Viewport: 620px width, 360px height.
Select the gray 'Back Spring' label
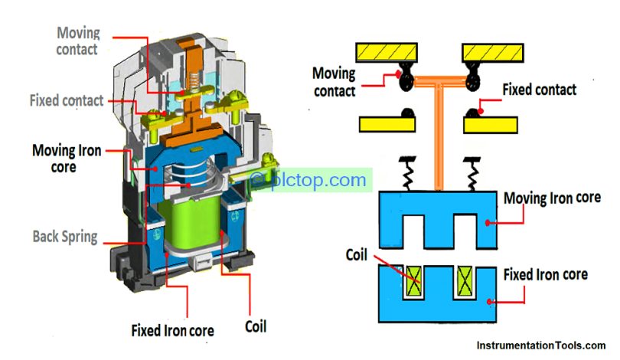point(64,236)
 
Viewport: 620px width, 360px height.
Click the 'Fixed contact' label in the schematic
point(539,90)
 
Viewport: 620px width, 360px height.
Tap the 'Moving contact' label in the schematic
point(334,82)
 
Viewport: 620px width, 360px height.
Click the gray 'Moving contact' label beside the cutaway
point(79,41)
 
